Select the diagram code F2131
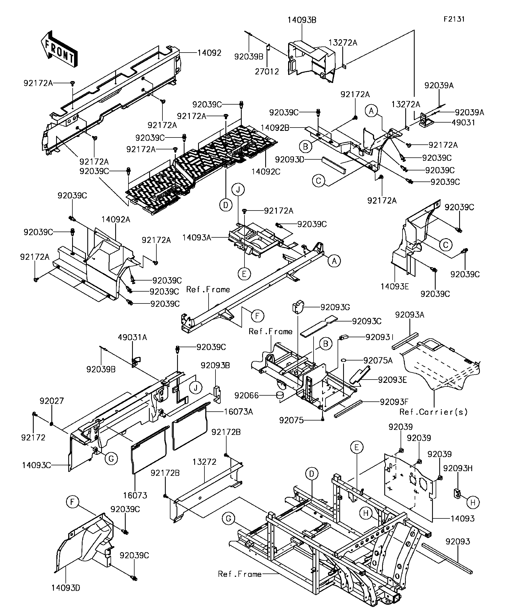(x=454, y=19)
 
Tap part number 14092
(x=209, y=53)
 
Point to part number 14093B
(x=302, y=20)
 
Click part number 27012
(x=267, y=71)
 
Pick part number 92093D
(x=290, y=159)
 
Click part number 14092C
(x=266, y=172)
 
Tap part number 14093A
(x=197, y=238)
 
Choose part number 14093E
(x=394, y=287)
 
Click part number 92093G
(x=335, y=307)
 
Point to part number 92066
(x=246, y=395)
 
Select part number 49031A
(x=132, y=337)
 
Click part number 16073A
(x=238, y=412)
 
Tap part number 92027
(x=51, y=401)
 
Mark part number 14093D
(x=65, y=588)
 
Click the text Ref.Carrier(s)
(x=434, y=412)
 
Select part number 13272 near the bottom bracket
(x=204, y=462)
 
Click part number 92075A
(x=378, y=360)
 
